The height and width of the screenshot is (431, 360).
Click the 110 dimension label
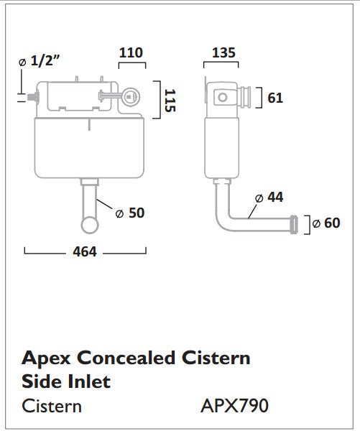pos(131,52)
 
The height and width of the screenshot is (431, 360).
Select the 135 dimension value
pos(223,52)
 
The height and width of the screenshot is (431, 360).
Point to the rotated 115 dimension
pos(170,98)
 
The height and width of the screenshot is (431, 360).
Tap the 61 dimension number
pos(274,98)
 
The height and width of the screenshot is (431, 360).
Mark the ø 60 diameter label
pos(328,223)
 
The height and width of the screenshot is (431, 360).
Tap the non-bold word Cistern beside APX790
pos(52,406)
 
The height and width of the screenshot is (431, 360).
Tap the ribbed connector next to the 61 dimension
pos(246,97)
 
